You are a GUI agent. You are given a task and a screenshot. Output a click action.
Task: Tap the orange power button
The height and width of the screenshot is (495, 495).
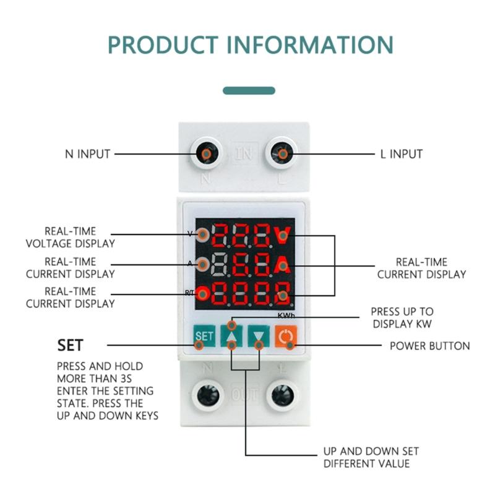tap(286, 337)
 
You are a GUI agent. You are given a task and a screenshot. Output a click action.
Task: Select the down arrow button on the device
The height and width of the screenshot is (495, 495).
tap(258, 337)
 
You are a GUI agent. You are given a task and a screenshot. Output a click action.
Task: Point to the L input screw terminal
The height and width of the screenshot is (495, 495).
tap(282, 153)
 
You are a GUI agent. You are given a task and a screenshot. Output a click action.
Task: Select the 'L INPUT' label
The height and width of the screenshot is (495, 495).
tap(401, 153)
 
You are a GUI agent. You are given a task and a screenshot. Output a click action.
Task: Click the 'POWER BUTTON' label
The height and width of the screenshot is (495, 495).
tap(429, 345)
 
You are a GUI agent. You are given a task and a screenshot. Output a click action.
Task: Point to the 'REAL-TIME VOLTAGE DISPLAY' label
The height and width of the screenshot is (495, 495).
tap(70, 238)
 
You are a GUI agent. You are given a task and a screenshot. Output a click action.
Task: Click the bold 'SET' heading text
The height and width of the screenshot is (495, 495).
tap(70, 345)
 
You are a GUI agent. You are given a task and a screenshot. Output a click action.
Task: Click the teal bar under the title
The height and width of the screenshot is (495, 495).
tap(249, 90)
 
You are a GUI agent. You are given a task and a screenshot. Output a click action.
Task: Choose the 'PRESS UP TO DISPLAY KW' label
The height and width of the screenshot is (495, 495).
tap(402, 318)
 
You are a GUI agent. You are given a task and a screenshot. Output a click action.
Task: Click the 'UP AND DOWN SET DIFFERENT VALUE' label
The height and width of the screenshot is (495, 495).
tap(366, 457)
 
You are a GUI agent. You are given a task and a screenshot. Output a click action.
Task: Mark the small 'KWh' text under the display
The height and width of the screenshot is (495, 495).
tap(286, 315)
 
